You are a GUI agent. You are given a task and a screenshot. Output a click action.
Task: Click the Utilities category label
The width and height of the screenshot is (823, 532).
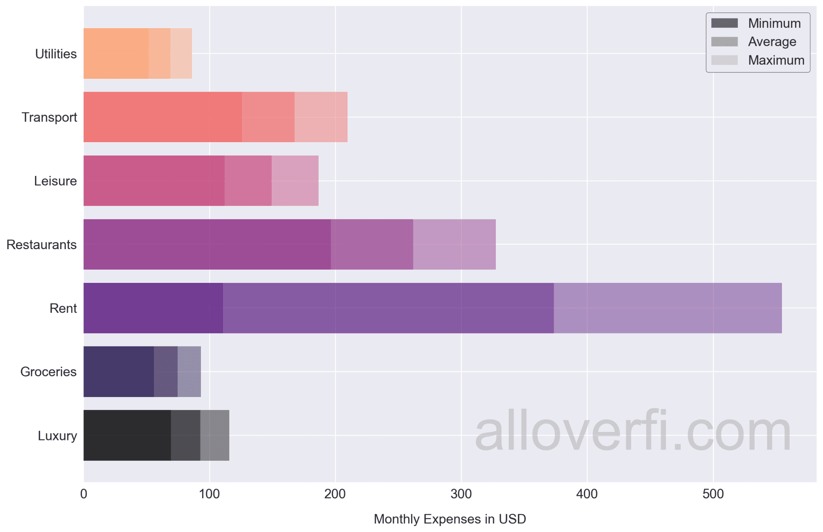[x=56, y=54]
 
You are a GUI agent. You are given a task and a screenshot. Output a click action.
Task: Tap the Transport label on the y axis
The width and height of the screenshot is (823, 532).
[x=49, y=117]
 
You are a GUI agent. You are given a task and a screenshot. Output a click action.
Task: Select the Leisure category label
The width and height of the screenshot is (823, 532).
[x=55, y=181]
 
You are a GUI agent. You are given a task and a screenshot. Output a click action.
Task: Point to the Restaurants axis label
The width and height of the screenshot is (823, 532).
[x=41, y=245]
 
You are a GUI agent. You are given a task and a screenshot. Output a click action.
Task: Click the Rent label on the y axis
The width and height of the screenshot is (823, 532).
[x=63, y=308]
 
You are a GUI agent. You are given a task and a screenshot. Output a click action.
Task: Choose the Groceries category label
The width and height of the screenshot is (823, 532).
[x=48, y=372]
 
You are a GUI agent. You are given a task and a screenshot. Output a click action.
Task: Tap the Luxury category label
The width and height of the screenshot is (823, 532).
[x=57, y=436]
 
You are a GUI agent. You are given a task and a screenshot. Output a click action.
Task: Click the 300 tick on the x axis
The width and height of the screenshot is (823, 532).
[x=461, y=494]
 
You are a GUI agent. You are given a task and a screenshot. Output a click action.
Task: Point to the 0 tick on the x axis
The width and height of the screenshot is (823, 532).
[x=84, y=494]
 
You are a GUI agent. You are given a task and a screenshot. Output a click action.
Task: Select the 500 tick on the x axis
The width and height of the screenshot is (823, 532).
[x=713, y=494]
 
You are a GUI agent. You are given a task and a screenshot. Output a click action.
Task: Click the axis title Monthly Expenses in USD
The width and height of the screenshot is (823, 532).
[x=450, y=519]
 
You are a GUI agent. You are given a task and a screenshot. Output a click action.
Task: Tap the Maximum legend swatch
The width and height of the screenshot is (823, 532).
[x=725, y=60]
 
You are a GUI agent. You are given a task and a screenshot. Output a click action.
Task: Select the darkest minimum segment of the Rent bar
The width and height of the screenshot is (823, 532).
[x=153, y=308]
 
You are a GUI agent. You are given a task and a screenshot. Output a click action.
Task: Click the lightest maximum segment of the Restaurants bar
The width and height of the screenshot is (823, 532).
[x=454, y=245]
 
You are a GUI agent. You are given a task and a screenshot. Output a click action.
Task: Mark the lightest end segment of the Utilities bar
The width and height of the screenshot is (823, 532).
[x=181, y=54]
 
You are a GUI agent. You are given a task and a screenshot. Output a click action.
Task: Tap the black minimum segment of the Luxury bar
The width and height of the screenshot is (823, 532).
[x=127, y=436]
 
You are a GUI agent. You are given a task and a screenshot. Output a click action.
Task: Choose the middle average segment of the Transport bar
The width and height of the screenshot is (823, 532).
[x=268, y=117]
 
